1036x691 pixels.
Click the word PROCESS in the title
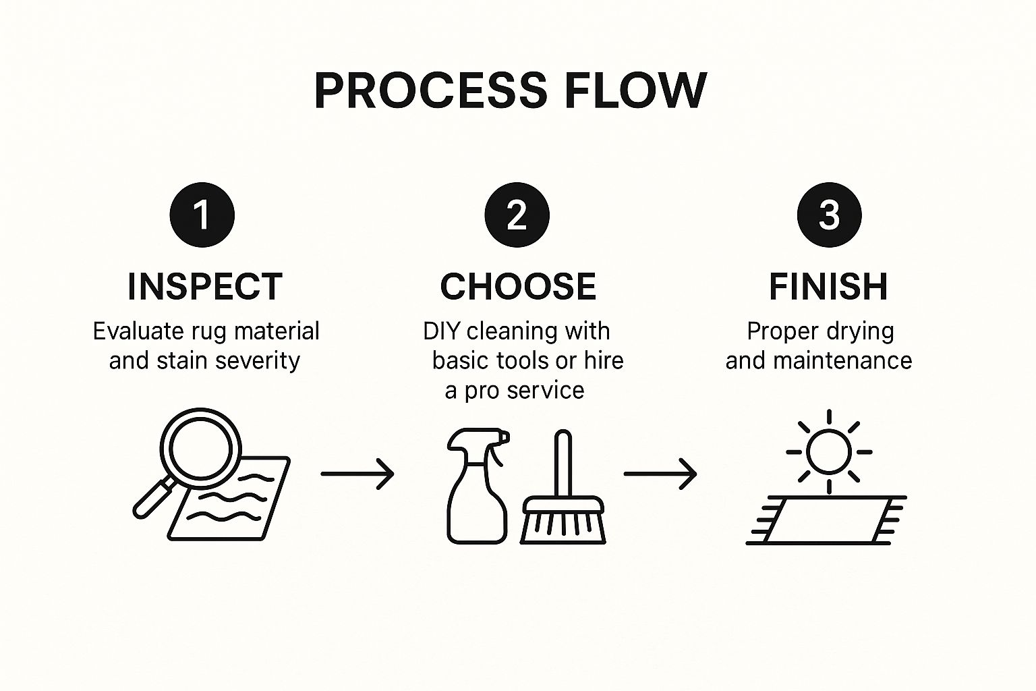pos(431,90)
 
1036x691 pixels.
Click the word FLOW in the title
pos(635,90)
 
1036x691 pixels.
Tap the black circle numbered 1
pos(202,215)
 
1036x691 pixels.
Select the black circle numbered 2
pos(517,215)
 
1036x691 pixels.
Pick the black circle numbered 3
pos(829,215)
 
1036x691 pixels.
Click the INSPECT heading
pos(205,287)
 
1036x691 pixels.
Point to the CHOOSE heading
pos(518,287)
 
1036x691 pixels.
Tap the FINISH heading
pos(828,287)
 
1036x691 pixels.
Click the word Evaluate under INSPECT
pos(138,331)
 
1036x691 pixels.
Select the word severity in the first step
pos(258,361)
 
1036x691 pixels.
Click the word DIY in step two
pos(442,331)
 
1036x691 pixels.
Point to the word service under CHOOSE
pos(546,391)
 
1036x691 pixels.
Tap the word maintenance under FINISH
pos(842,361)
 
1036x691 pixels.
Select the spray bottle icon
pos(478,485)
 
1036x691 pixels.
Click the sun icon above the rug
pos(829,451)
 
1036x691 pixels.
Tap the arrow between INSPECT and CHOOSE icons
pos(357,474)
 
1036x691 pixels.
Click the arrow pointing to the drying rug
pos(660,474)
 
